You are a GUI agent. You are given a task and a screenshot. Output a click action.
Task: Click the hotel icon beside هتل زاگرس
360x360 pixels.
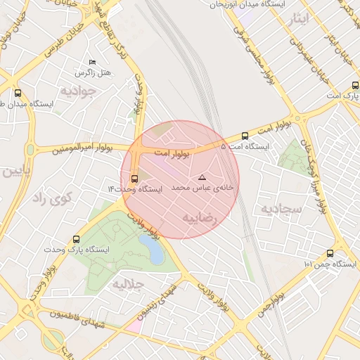(x=92, y=63)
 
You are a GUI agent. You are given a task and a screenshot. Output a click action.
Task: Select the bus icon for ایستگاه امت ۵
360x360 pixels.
(x=245, y=136)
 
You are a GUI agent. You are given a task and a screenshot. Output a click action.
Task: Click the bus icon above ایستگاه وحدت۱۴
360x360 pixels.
(x=135, y=178)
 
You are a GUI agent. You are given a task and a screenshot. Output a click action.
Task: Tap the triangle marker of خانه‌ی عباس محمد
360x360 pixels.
(x=202, y=177)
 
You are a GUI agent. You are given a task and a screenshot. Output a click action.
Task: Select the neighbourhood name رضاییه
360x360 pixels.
(x=201, y=218)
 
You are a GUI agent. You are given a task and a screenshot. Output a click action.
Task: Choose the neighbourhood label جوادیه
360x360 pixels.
(x=77, y=91)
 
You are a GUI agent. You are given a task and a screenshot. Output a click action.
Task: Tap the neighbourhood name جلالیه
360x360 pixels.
(x=129, y=285)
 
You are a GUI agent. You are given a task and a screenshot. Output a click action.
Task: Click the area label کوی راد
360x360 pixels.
(x=53, y=199)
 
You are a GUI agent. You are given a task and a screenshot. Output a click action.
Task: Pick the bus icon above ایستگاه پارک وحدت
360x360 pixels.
(x=77, y=239)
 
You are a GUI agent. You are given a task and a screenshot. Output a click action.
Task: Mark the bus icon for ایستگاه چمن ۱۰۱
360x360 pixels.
(x=330, y=253)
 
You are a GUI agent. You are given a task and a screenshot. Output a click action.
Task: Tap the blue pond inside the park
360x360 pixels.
(x=150, y=247)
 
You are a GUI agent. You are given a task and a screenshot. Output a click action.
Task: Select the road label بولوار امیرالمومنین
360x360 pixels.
(x=67, y=148)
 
